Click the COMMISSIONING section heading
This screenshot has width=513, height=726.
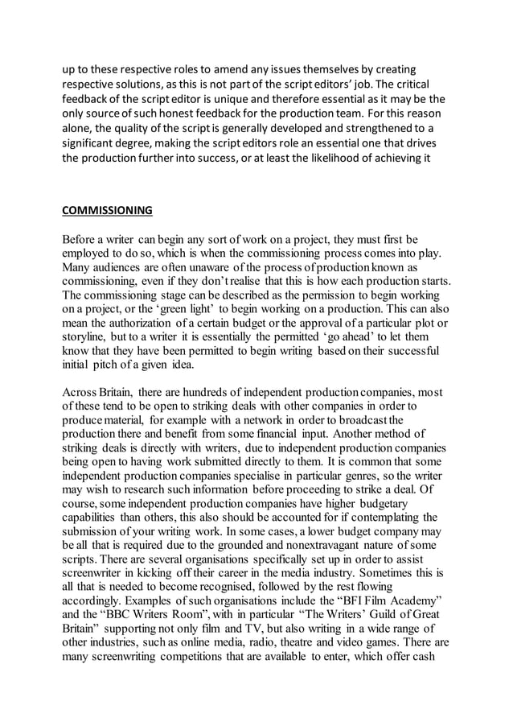(x=107, y=212)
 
